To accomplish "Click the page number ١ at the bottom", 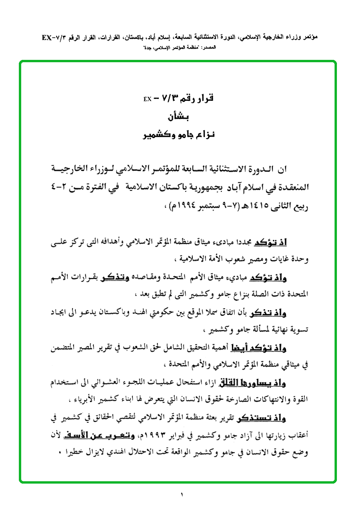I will click(x=181, y=494).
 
